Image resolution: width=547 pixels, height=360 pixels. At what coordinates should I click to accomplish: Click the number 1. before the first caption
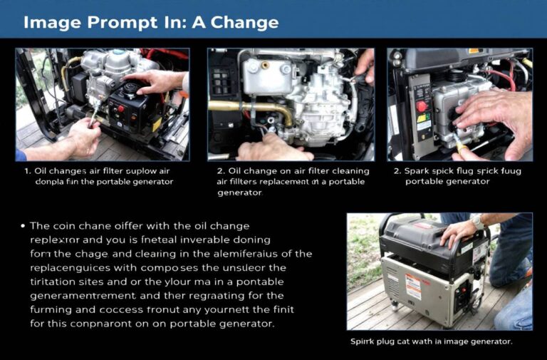(27, 171)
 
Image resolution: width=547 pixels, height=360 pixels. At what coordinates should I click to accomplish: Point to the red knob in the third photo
(422, 106)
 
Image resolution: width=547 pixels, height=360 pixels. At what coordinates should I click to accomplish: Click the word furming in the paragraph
(52, 309)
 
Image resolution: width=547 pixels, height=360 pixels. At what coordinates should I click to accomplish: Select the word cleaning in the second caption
(345, 171)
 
